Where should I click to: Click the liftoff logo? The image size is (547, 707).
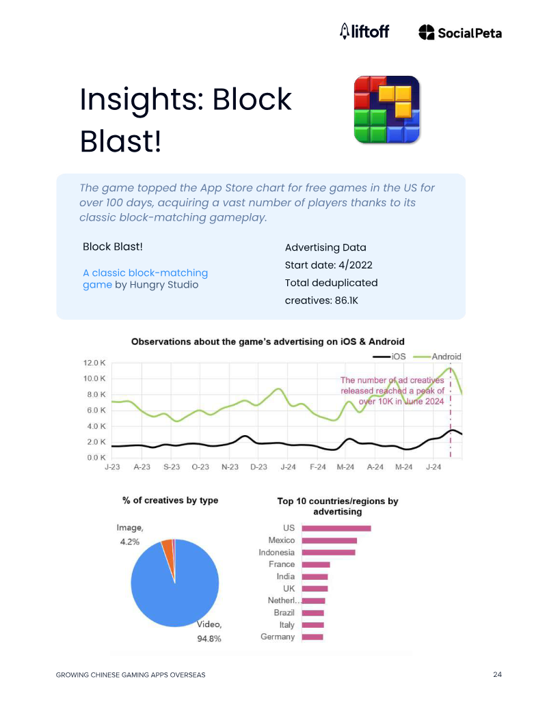[364, 31]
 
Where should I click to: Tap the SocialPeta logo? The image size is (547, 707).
[460, 33]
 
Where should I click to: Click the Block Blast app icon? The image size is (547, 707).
[387, 109]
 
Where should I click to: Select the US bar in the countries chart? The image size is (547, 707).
[336, 528]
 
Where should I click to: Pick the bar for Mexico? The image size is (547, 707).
[330, 540]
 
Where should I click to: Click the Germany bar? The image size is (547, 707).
[312, 637]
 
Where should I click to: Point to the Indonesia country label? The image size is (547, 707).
[276, 553]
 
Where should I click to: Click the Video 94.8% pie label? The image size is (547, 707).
[209, 631]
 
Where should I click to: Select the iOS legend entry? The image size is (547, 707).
[389, 357]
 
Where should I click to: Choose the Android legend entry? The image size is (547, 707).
[438, 357]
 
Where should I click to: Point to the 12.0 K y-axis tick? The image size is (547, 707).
[94, 363]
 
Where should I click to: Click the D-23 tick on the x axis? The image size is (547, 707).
[258, 467]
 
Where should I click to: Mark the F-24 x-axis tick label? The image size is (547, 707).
[318, 467]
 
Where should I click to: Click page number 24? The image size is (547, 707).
[497, 674]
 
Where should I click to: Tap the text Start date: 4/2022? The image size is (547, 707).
[329, 265]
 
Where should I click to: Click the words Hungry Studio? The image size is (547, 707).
[164, 285]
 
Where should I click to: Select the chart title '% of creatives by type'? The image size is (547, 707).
[170, 500]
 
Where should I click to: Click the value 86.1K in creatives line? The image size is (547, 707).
[346, 301]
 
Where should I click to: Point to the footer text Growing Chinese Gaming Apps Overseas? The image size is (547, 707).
[131, 675]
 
